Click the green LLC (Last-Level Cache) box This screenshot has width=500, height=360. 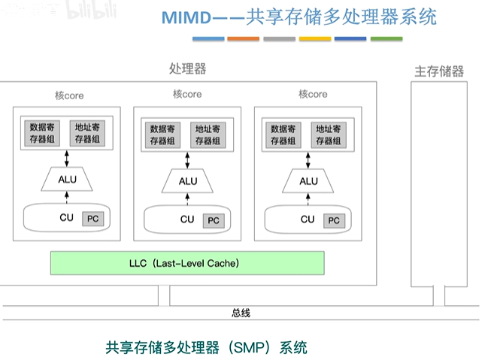pos(187,263)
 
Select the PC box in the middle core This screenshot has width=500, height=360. pos(214,220)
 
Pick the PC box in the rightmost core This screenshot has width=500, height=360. pos(334,220)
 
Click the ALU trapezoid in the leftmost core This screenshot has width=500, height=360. pos(67,180)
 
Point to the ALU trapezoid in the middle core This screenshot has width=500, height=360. pos(188,181)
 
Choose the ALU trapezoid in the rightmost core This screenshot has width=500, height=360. pos(308,181)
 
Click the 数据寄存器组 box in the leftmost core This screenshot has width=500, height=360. pos(43,133)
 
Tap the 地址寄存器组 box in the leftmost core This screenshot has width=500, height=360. pos(88,133)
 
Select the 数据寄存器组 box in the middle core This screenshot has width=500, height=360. pos(163,135)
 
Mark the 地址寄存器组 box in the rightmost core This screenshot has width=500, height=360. pos(329,135)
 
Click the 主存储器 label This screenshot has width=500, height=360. pos(439,72)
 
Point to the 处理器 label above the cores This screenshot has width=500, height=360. pos(187,69)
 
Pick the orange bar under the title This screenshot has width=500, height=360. pos(243,38)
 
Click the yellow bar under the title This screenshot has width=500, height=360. pos(315,38)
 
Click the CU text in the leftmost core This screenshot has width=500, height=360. pos(67,218)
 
